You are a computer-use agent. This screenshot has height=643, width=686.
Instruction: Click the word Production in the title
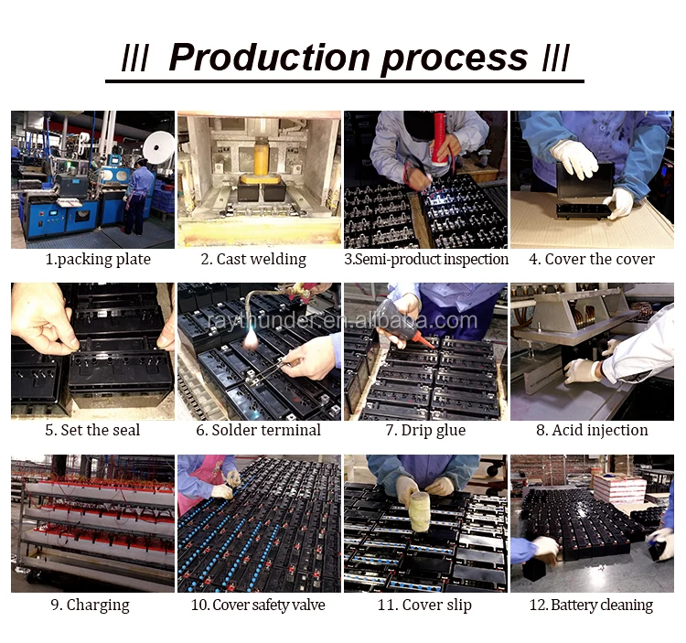click(x=270, y=58)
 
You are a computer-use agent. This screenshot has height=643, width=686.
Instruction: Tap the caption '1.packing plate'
click(x=98, y=260)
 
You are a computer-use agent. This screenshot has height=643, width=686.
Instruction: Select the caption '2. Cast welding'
click(x=253, y=259)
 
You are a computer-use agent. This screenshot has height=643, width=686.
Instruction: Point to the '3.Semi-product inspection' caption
click(x=426, y=259)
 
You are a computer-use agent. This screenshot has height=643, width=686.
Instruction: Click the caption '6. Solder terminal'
click(x=259, y=430)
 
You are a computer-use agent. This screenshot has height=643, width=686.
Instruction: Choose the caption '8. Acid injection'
click(x=592, y=430)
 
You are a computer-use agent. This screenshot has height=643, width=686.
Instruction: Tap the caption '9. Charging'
click(x=91, y=605)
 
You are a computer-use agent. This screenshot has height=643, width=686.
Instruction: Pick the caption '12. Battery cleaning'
click(x=591, y=605)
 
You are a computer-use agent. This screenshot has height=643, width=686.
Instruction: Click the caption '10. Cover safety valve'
click(x=258, y=605)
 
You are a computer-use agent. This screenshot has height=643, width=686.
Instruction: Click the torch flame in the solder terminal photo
click(x=252, y=339)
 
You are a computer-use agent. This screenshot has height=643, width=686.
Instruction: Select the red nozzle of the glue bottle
click(x=423, y=340)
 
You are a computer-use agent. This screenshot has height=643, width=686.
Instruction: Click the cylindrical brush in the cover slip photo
click(x=420, y=511)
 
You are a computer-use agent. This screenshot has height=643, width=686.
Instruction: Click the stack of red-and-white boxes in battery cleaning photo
click(x=619, y=488)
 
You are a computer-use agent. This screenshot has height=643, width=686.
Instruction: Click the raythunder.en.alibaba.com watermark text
click(x=342, y=321)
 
